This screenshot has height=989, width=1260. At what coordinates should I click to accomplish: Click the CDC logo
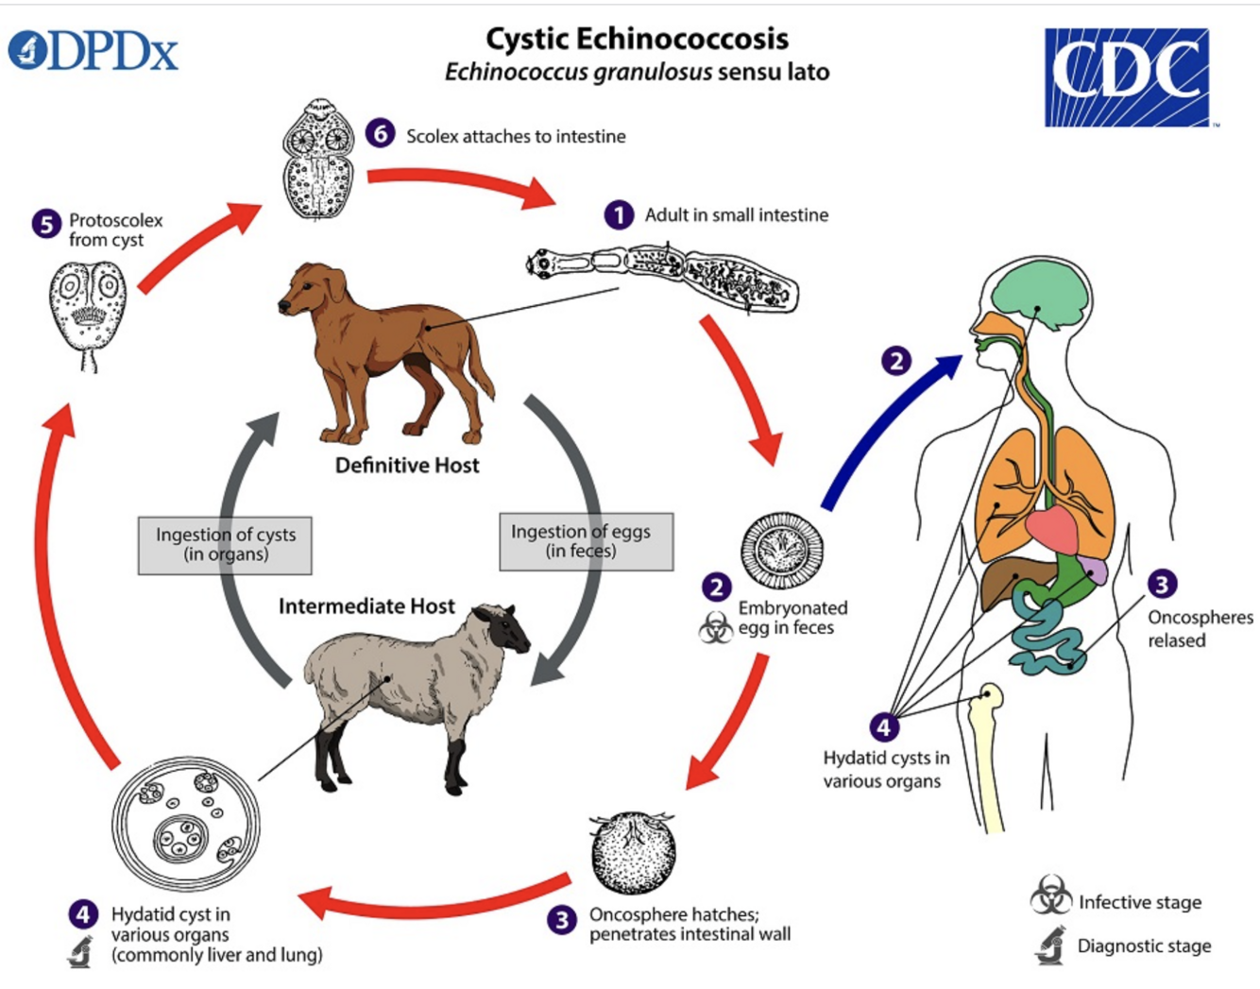pos(1126,77)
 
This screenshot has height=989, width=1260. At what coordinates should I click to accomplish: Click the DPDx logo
pos(94,51)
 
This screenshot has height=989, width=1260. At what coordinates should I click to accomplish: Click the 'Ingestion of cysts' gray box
pos(225,545)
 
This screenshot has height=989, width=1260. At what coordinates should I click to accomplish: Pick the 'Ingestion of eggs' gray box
pos(586,541)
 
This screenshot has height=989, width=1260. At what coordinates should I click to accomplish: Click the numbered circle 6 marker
pos(381,133)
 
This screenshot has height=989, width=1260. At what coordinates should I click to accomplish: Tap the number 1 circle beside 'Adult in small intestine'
pos(619,215)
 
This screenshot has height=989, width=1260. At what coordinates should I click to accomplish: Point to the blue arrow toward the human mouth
pos(888,425)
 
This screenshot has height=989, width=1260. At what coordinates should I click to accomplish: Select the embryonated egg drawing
pos(781,551)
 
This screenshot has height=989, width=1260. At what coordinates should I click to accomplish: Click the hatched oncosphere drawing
pos(632,852)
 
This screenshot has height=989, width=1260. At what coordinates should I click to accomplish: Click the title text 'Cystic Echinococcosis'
pos(637,39)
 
